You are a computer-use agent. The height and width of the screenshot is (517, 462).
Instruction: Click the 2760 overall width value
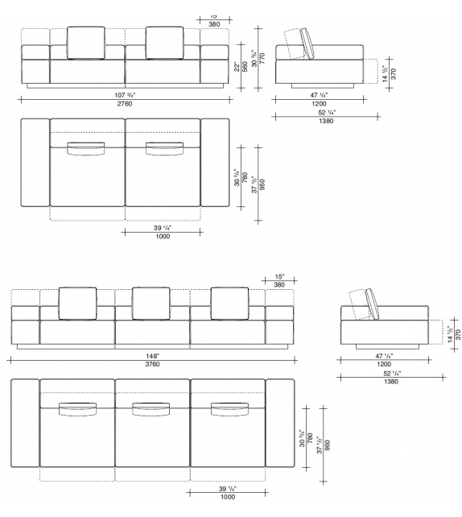coord(125,105)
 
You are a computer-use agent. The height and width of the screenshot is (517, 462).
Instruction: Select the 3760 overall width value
coord(152,363)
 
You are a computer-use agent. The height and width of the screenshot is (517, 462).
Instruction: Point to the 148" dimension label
coord(152,355)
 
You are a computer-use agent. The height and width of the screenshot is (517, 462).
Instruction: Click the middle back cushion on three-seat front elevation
coord(151,303)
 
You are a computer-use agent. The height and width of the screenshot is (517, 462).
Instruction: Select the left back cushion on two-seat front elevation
coord(86,42)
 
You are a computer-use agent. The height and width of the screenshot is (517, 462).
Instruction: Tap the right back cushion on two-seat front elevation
coord(164,42)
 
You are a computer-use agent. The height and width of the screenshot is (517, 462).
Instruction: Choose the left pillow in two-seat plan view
coord(86,148)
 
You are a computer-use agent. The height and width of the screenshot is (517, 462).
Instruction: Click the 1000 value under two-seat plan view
coord(163,237)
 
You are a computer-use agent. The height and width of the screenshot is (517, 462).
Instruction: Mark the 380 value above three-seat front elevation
coord(279,284)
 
